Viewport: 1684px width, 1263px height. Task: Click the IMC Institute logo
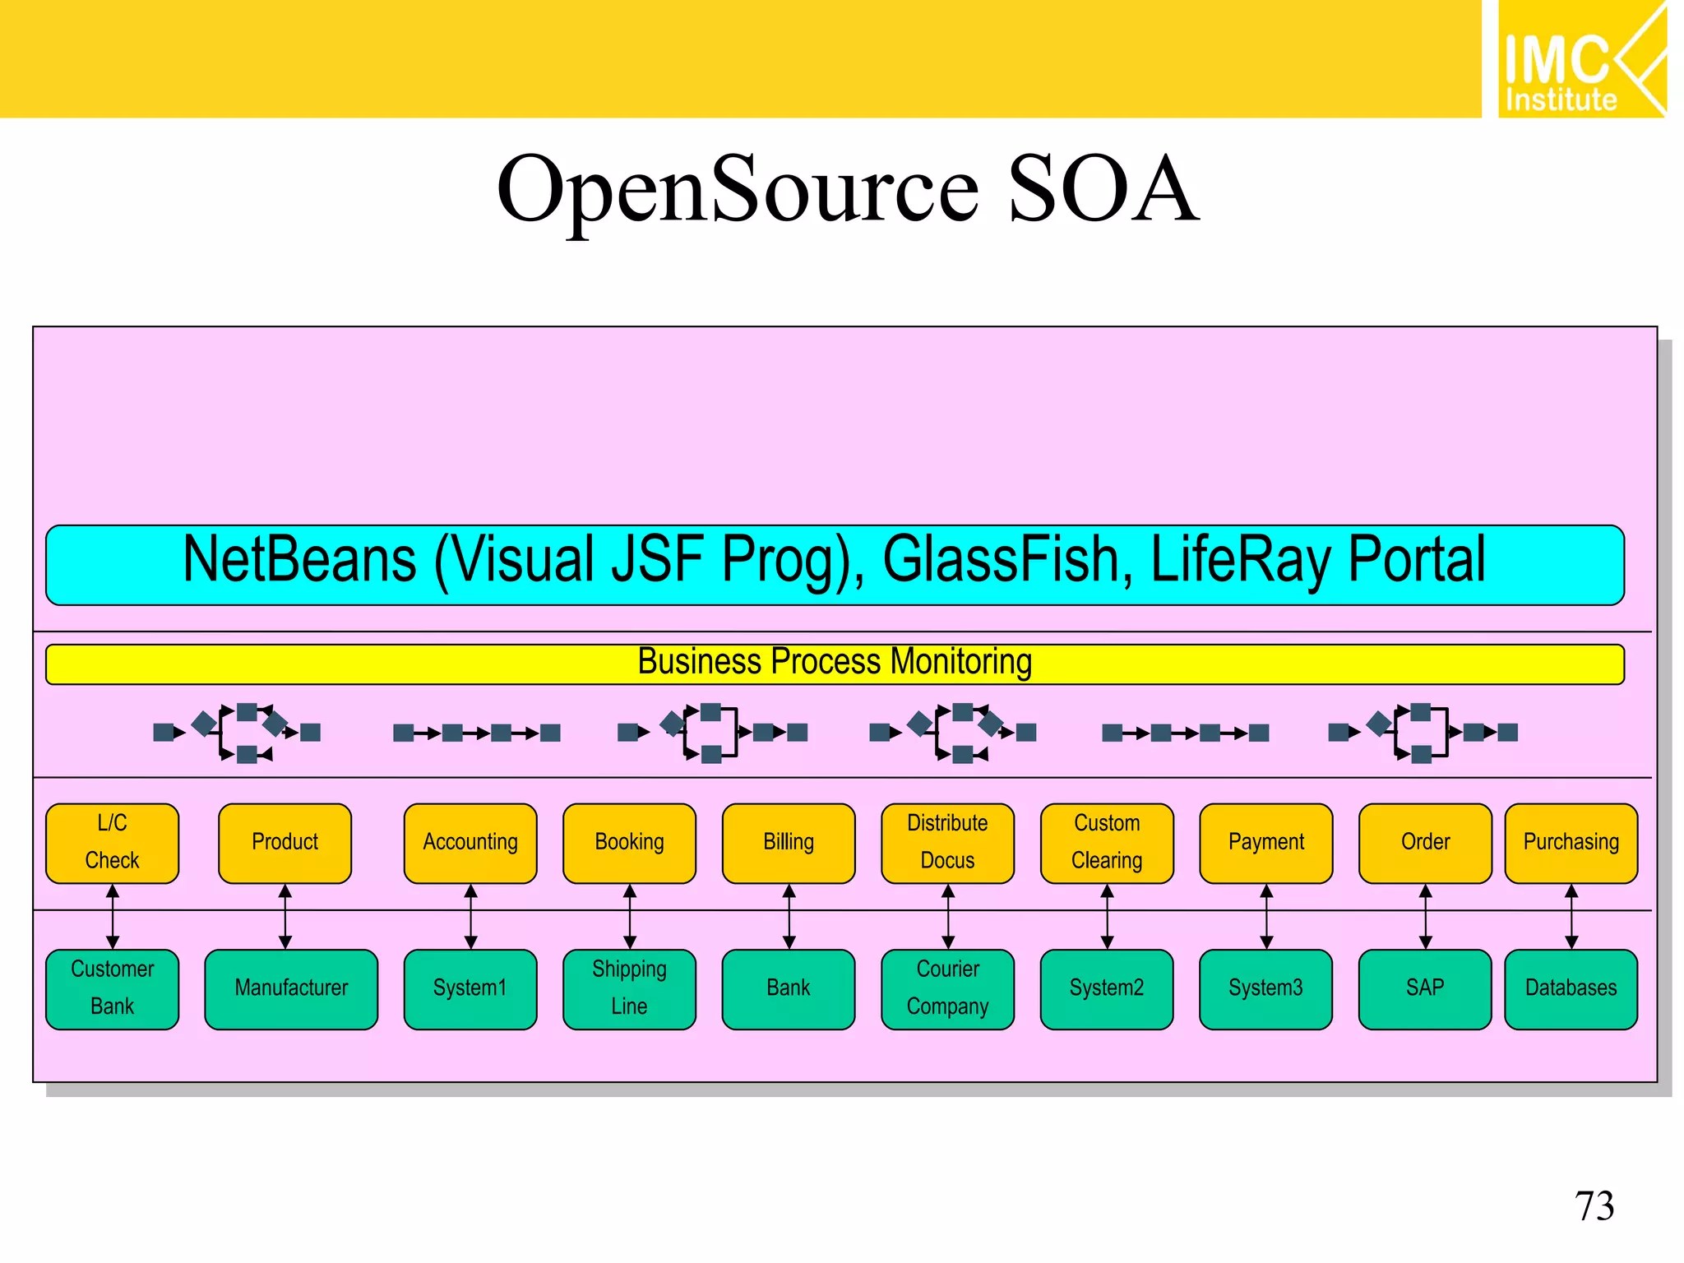point(1580,59)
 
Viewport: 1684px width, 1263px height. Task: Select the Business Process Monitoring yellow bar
point(834,664)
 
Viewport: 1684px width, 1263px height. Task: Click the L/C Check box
point(113,843)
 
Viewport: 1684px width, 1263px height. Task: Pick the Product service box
point(285,843)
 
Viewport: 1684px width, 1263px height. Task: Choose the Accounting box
point(470,843)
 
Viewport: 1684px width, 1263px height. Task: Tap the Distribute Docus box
point(947,843)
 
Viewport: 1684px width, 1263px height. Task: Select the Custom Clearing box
point(1107,843)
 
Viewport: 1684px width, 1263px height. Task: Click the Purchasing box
point(1571,843)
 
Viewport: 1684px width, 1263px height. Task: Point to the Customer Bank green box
point(113,988)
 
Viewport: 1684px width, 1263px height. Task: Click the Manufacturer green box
point(291,988)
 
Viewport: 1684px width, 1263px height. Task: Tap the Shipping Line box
point(629,988)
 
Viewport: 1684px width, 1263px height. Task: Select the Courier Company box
point(947,988)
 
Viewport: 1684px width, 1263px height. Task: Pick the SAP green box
point(1425,988)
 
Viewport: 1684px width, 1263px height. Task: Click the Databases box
point(1571,988)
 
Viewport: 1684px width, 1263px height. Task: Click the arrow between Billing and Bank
point(789,917)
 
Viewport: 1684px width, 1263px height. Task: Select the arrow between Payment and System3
point(1266,917)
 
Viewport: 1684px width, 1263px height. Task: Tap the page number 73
point(1594,1206)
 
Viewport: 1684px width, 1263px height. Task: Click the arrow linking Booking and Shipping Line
point(630,917)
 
